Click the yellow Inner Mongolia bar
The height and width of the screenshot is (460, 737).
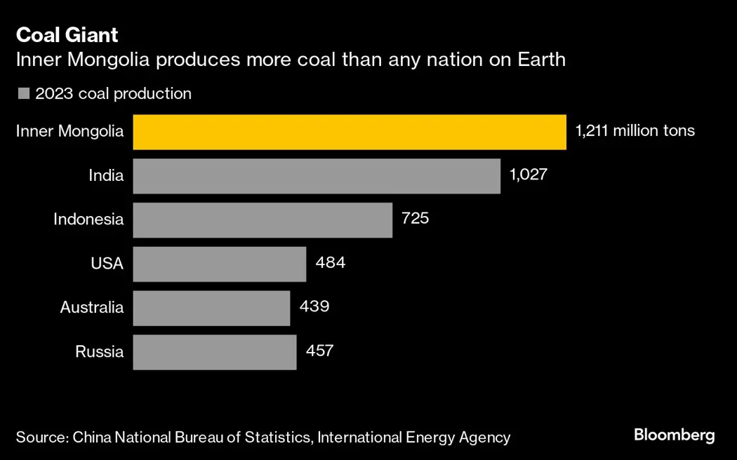coord(349,132)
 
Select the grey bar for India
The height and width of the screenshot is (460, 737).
coord(316,176)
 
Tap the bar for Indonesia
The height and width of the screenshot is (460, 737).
coord(262,220)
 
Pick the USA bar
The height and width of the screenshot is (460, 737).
coord(219,264)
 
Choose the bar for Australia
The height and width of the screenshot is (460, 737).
coord(211,308)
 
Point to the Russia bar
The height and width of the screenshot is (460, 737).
coord(214,352)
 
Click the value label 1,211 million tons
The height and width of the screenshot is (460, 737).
coord(635,131)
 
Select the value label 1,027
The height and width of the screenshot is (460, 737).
coord(528,175)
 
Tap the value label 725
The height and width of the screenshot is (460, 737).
coord(415,219)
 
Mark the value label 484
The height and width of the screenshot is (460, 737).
coord(330,263)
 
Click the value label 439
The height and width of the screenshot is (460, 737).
coord(314,306)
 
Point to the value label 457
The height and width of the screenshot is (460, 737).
coord(319,351)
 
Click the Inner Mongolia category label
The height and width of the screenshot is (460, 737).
coord(69,131)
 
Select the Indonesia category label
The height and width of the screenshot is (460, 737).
coord(88,219)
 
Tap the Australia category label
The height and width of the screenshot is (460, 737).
coord(91,307)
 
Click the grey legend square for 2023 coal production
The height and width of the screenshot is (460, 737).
coord(24,94)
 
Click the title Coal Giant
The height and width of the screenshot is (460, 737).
coord(67,35)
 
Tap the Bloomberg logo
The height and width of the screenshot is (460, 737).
coord(674,435)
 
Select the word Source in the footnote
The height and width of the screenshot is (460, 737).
coord(39,438)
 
